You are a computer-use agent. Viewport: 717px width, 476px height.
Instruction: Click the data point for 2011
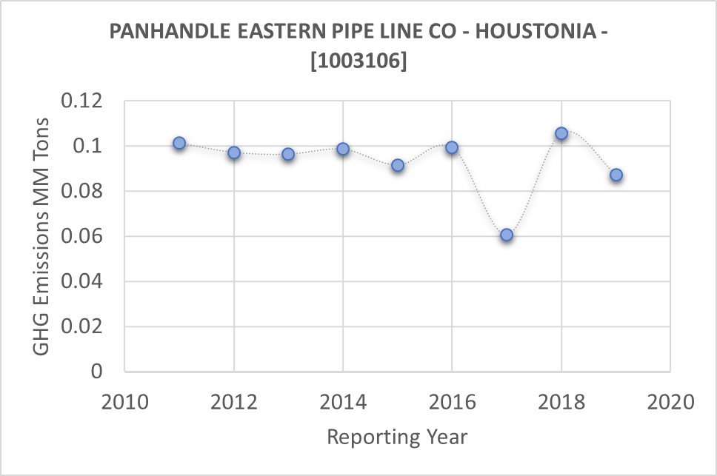click(179, 143)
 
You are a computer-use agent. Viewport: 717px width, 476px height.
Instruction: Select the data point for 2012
click(234, 152)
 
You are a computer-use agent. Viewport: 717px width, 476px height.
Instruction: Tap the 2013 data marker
click(288, 154)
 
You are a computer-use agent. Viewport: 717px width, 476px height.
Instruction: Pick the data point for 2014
click(343, 149)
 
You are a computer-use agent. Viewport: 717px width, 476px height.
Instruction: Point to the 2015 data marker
click(398, 165)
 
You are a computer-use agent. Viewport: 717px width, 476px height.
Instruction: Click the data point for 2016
click(452, 147)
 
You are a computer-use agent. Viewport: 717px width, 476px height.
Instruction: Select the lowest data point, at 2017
click(507, 235)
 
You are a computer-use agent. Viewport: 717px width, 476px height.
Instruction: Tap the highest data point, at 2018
click(561, 133)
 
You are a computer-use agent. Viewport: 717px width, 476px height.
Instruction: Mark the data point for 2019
click(616, 175)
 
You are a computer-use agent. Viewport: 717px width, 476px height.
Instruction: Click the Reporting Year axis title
click(397, 437)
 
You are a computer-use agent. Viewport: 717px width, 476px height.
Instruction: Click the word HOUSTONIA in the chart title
click(526, 32)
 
